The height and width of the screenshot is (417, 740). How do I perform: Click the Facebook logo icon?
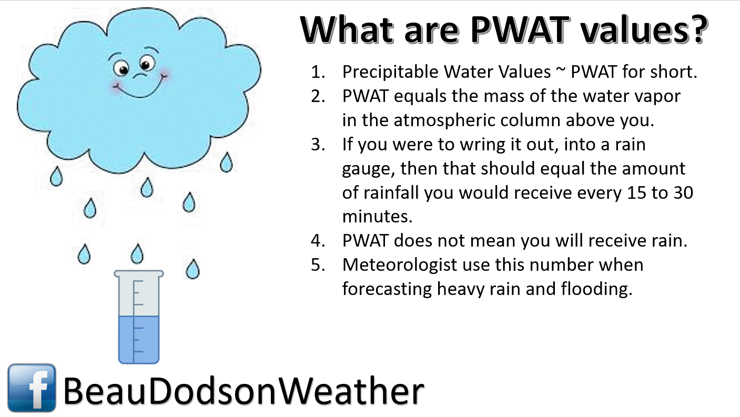coord(32,388)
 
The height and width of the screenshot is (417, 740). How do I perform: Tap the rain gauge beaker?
coord(139,317)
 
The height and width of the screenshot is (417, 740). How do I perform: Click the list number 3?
coord(318,145)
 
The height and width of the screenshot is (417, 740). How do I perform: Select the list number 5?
coord(318,265)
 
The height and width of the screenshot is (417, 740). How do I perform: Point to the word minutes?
coord(377,217)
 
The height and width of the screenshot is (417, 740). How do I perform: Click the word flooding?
coord(596,289)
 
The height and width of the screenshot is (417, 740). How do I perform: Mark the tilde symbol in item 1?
coord(561,70)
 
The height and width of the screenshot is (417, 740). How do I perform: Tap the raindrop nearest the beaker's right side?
coord(192,269)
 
